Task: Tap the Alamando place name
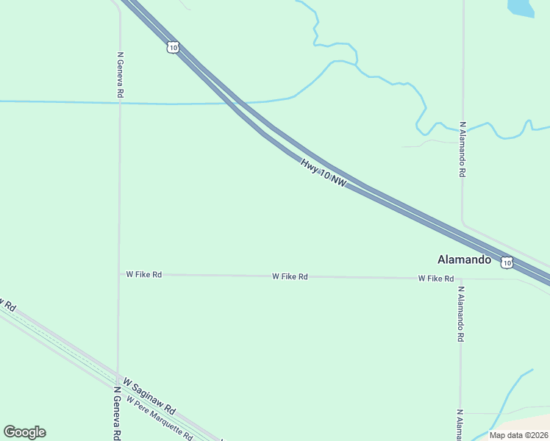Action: click(463, 259)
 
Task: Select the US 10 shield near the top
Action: click(172, 47)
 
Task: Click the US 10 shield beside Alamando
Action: click(507, 262)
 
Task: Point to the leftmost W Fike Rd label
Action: click(143, 274)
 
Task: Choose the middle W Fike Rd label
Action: click(290, 276)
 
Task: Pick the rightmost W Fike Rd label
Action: click(436, 279)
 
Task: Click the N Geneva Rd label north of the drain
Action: click(120, 75)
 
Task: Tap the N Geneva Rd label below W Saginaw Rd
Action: click(116, 413)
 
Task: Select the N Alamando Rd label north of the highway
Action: click(463, 149)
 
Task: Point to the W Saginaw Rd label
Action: click(149, 395)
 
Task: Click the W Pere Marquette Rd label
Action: click(159, 418)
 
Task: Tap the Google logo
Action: click(24, 432)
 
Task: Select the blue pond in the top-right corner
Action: click(520, 7)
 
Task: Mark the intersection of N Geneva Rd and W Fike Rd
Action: click(119, 274)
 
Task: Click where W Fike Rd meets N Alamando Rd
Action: click(461, 279)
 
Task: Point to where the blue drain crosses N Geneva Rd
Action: click(119, 103)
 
